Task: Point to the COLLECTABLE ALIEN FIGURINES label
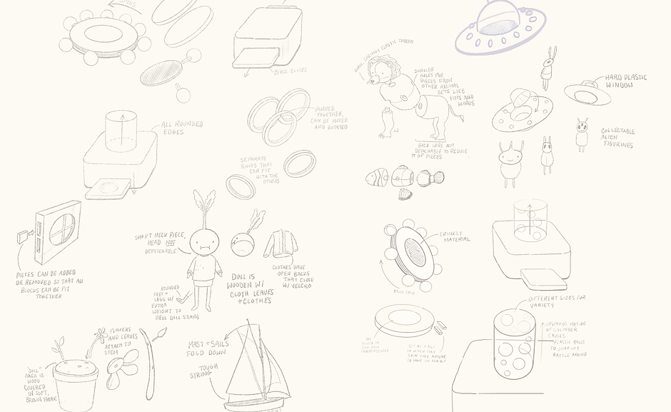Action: [617, 138]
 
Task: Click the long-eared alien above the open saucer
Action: [548, 69]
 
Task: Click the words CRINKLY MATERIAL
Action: [455, 236]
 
